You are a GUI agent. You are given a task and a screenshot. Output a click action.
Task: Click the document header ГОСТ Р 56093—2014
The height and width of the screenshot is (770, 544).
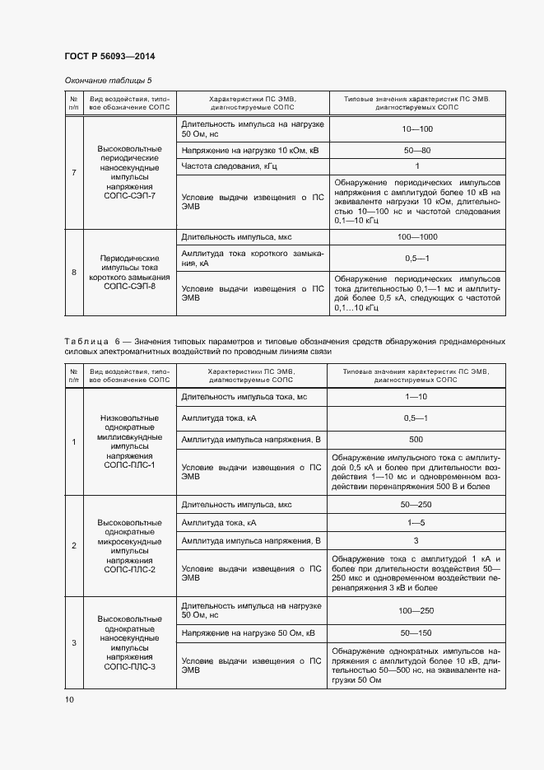[x=109, y=56]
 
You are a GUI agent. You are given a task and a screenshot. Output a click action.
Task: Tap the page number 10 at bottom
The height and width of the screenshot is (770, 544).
[x=69, y=699]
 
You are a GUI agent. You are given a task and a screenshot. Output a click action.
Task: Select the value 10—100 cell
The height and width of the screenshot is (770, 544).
[x=417, y=129]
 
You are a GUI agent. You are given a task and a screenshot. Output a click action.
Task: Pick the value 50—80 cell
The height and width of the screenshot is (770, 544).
[x=417, y=151]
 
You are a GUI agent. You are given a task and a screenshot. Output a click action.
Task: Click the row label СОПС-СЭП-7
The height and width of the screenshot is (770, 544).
[x=129, y=198]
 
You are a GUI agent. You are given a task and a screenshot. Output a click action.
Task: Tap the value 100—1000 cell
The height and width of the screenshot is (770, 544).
[x=417, y=237]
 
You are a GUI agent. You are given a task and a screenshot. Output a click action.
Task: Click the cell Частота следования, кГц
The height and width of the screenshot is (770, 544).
[x=227, y=166]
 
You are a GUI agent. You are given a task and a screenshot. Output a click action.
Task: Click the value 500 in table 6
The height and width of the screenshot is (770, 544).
[x=416, y=439]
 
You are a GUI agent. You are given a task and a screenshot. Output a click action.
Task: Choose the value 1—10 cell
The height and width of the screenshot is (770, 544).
[x=416, y=397]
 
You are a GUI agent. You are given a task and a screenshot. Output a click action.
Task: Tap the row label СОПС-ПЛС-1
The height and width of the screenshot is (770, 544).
[x=129, y=465]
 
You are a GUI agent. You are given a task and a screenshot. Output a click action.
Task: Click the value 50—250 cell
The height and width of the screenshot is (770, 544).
[x=416, y=504]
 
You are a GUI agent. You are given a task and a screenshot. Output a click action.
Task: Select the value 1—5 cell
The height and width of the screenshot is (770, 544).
[x=416, y=522]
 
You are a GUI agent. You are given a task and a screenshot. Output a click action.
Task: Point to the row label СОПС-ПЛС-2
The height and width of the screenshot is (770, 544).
[x=129, y=569]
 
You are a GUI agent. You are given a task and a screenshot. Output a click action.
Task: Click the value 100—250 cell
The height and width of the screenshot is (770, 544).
[x=416, y=611]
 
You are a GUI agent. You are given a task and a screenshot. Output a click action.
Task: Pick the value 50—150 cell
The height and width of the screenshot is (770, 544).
[x=416, y=632]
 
